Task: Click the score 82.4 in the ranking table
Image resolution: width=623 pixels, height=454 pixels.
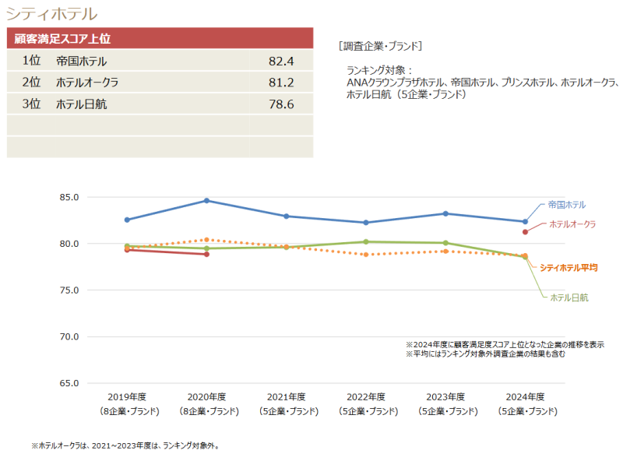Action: click(x=280, y=61)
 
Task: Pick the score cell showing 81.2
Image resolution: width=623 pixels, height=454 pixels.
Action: click(x=280, y=82)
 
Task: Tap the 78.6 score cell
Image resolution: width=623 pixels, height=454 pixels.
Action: click(x=280, y=104)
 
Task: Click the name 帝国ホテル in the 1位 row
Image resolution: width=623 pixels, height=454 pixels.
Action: click(x=81, y=61)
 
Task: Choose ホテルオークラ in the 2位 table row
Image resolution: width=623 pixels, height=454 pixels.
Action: click(x=87, y=82)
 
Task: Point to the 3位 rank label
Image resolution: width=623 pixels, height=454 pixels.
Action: click(x=31, y=104)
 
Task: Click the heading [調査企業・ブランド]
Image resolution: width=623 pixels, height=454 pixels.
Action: click(x=381, y=45)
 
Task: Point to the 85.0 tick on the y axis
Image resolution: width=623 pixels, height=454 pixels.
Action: click(x=69, y=197)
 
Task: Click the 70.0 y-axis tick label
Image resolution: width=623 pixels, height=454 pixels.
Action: click(x=69, y=336)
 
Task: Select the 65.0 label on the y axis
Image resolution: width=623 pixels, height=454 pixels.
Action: click(x=69, y=383)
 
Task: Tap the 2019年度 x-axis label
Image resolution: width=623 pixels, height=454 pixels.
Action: click(x=127, y=396)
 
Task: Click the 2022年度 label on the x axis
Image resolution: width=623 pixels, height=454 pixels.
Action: click(x=366, y=396)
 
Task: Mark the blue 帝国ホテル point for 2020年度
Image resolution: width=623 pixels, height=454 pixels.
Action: click(x=206, y=201)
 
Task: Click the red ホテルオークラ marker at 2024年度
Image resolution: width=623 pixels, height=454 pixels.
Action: click(x=526, y=231)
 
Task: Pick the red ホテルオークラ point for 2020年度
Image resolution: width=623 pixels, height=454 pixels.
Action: click(x=206, y=254)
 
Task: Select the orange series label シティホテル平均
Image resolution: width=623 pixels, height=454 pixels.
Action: click(x=568, y=267)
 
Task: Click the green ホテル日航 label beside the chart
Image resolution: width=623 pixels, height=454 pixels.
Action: click(x=569, y=297)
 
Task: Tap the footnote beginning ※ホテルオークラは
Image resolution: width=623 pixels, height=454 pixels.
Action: click(x=125, y=446)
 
